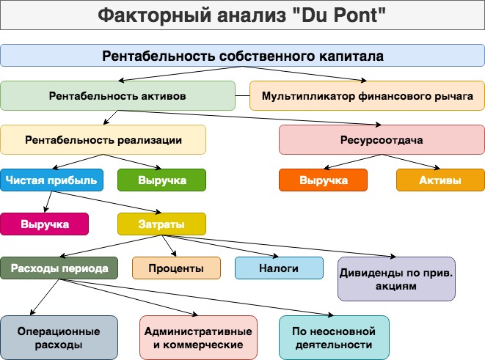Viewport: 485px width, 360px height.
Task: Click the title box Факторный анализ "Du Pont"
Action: pos(242,15)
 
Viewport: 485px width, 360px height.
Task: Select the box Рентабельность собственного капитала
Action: pos(242,56)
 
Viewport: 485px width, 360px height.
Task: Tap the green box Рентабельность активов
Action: pos(118,96)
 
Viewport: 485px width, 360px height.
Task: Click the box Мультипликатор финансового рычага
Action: pos(367,96)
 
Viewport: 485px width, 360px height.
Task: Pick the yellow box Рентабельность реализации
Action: pos(103,139)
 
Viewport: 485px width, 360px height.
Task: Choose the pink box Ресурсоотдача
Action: pos(382,139)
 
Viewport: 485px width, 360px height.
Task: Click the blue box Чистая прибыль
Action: pos(51,180)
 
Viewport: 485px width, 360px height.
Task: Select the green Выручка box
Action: pos(161,180)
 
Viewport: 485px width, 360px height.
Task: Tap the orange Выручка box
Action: pos(324,180)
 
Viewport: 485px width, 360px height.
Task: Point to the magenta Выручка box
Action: pos(44,224)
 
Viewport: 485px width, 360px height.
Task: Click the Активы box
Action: pos(440,180)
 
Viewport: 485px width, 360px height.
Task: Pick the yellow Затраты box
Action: pos(161,224)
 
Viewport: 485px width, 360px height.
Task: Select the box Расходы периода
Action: pos(59,268)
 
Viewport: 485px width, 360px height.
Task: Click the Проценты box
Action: pos(176,268)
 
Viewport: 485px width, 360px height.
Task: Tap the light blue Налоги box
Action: pos(279,268)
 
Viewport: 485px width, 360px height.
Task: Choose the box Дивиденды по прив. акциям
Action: pos(396,279)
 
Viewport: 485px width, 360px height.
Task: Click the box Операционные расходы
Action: pos(59,338)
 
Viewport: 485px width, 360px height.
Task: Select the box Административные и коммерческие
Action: pos(198,338)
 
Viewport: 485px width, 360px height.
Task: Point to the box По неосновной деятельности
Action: pos(334,338)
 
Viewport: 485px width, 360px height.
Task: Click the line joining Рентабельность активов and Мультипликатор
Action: pos(242,96)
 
